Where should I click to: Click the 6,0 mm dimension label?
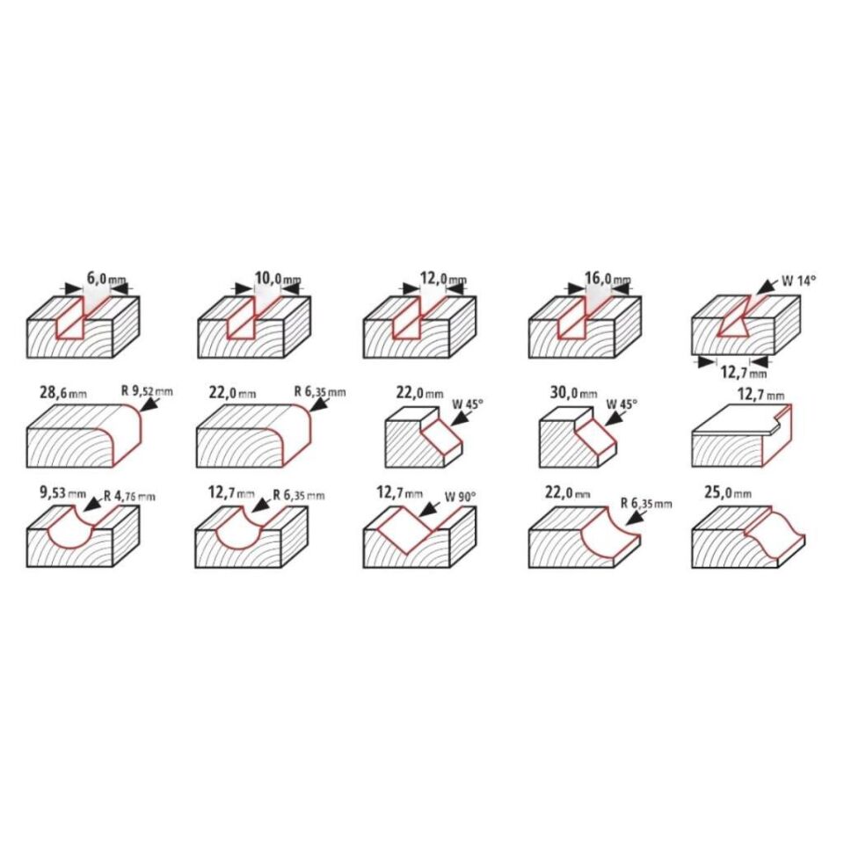click(x=106, y=279)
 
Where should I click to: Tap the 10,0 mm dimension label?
click(x=278, y=279)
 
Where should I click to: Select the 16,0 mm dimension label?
click(x=608, y=279)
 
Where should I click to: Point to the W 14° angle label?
click(x=799, y=281)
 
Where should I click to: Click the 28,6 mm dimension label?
click(x=63, y=392)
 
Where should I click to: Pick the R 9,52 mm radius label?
click(x=147, y=391)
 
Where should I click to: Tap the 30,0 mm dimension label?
click(x=573, y=392)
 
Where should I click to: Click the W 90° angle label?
click(x=460, y=497)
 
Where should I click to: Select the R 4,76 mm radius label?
click(x=129, y=496)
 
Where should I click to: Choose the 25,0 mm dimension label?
click(x=728, y=492)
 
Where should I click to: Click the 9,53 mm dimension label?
click(x=62, y=492)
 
